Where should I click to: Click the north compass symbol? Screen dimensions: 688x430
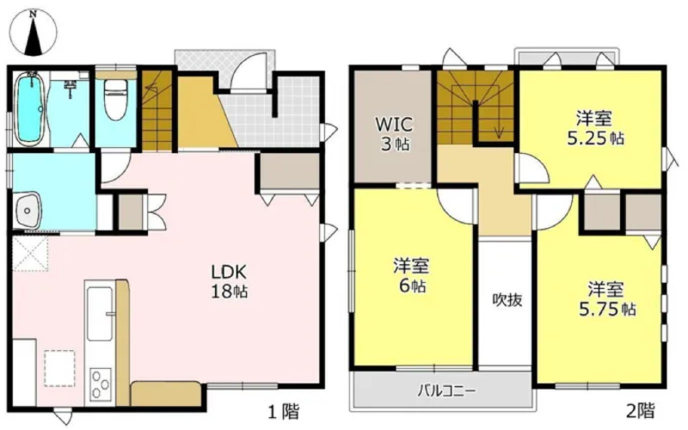[x=34, y=33]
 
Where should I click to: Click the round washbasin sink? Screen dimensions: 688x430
[x=28, y=210]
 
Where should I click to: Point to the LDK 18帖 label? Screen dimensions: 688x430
[x=229, y=281]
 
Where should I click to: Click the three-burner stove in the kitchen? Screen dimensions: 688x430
[x=101, y=384]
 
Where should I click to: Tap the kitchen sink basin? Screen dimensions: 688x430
[x=100, y=313]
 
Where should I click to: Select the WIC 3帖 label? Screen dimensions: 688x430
[x=394, y=133]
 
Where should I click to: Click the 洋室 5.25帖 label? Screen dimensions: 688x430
[x=594, y=127]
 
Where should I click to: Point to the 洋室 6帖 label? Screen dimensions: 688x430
[x=411, y=275]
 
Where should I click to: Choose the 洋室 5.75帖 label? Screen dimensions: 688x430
[x=606, y=298]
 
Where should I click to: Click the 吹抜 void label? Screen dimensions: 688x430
[x=507, y=299]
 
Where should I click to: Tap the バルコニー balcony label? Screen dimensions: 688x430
[x=446, y=390]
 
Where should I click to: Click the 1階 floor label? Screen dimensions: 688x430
[x=284, y=412]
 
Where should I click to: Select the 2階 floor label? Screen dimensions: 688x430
[x=640, y=411]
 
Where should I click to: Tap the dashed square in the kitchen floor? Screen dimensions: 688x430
[x=59, y=368]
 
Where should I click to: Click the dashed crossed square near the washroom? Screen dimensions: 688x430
[x=30, y=254]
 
